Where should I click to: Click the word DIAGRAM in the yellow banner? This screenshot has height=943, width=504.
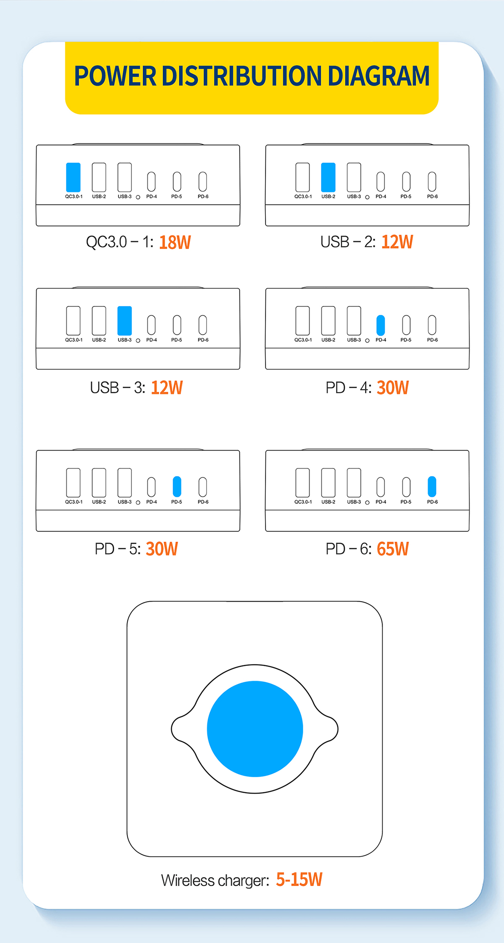378,76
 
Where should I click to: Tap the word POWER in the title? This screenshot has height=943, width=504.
115,76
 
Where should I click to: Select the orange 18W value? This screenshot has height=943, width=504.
175,242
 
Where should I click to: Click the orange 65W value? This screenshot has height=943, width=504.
393,549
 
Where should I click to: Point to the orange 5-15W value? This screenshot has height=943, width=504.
299,879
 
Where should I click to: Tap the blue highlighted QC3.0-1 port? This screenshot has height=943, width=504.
73,177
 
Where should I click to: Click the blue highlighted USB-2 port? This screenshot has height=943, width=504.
328,177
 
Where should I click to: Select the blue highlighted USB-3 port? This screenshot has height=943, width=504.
125,321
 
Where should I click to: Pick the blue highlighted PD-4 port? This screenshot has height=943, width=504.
381,325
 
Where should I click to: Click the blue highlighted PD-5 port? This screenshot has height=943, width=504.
177,487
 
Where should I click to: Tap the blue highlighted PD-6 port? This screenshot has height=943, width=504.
432,487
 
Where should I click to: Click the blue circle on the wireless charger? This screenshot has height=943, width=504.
255,729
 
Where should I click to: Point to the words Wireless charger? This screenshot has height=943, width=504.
215,880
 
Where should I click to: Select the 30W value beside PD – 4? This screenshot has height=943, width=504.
393,388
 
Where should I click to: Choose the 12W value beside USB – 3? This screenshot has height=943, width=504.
167,388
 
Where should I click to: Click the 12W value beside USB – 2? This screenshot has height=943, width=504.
397,242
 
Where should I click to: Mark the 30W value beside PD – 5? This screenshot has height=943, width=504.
162,549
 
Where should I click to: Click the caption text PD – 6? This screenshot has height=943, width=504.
349,549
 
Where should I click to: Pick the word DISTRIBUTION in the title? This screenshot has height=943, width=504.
242,76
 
